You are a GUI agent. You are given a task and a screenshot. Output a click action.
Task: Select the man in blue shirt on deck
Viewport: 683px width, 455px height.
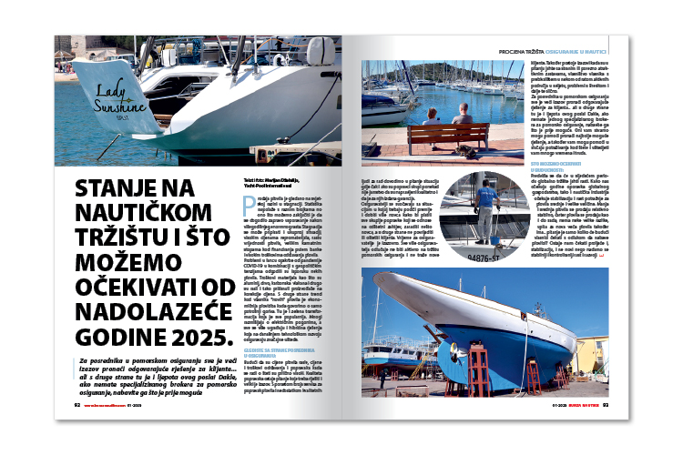(x=489, y=198)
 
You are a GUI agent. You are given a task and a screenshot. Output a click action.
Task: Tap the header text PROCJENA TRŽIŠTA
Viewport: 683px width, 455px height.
(x=520, y=43)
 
